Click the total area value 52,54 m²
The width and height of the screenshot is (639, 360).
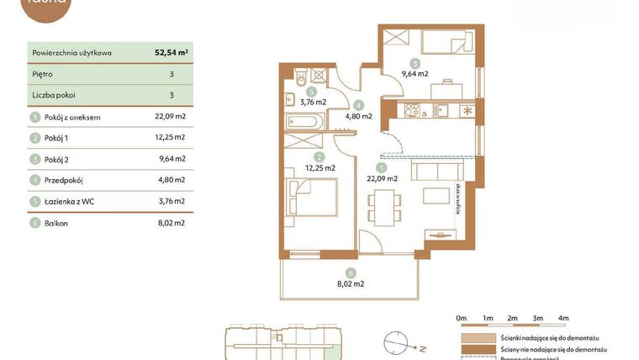pyautogui.click(x=171, y=52)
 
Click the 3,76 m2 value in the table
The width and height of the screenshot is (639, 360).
pyautogui.click(x=170, y=200)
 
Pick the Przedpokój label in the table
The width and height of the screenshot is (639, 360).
pyautogui.click(x=64, y=180)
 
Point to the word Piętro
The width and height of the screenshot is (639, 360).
pyautogui.click(x=44, y=74)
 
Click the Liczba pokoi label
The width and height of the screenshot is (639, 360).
pyautogui.click(x=54, y=95)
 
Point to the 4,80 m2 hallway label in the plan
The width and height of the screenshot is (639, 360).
pyautogui.click(x=358, y=116)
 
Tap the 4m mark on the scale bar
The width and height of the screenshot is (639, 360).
pyautogui.click(x=563, y=318)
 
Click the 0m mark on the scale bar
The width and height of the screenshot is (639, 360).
pyautogui.click(x=461, y=318)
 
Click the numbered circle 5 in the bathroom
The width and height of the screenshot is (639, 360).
pyautogui.click(x=311, y=93)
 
